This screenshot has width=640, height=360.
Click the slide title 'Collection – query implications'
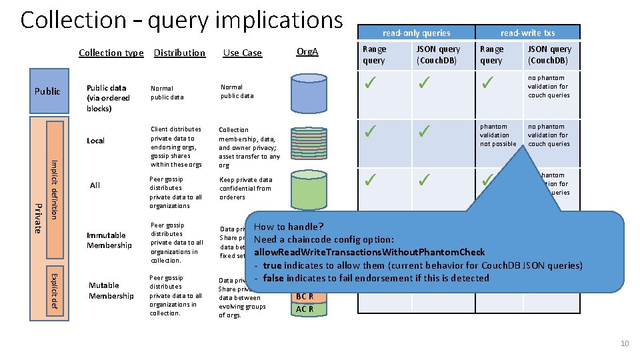(181, 21)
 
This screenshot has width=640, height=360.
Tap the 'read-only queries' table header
(416, 33)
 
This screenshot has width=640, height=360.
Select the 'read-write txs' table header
(527, 33)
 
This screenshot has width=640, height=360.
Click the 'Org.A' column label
(307, 51)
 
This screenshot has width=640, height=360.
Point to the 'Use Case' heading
(242, 53)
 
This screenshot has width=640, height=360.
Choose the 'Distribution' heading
(179, 53)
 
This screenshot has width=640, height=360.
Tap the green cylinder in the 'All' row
(307, 191)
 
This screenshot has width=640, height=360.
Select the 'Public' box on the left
(47, 91)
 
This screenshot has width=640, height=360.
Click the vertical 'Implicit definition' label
(55, 189)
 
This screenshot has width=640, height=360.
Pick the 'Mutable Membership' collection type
(111, 291)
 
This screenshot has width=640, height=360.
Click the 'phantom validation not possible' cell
(498, 135)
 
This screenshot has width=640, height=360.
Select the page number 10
(624, 343)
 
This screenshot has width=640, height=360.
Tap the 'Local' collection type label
(95, 141)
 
